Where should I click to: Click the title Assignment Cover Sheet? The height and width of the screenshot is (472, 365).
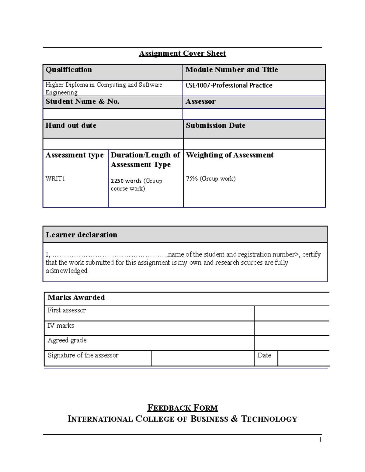pos(182,53)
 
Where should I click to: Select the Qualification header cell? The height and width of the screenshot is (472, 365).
pos(69,70)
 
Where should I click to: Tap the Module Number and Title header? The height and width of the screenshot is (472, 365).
pos(231,70)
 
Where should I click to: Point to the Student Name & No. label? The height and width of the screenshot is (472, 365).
pos(82,102)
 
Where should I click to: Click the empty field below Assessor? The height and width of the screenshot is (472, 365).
pos(254,114)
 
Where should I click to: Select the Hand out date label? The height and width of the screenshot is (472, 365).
pos(71,126)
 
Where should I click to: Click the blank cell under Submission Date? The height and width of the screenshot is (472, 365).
pos(254,144)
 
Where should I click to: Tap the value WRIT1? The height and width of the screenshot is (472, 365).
pos(55,179)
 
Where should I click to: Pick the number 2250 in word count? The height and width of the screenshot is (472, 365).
pos(117,181)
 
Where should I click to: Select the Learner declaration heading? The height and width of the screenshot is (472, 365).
pos(82,235)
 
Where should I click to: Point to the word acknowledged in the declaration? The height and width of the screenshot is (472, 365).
pos(67,271)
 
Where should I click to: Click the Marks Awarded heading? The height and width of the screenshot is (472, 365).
pos(76,298)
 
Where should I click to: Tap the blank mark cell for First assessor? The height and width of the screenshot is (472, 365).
pos(291,313)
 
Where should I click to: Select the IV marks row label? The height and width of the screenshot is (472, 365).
pos(61,326)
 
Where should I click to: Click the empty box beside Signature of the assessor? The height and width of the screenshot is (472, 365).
pos(203,358)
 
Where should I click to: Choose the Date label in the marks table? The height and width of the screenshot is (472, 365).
pos(264,355)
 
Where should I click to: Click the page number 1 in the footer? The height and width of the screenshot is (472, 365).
pos(320,440)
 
